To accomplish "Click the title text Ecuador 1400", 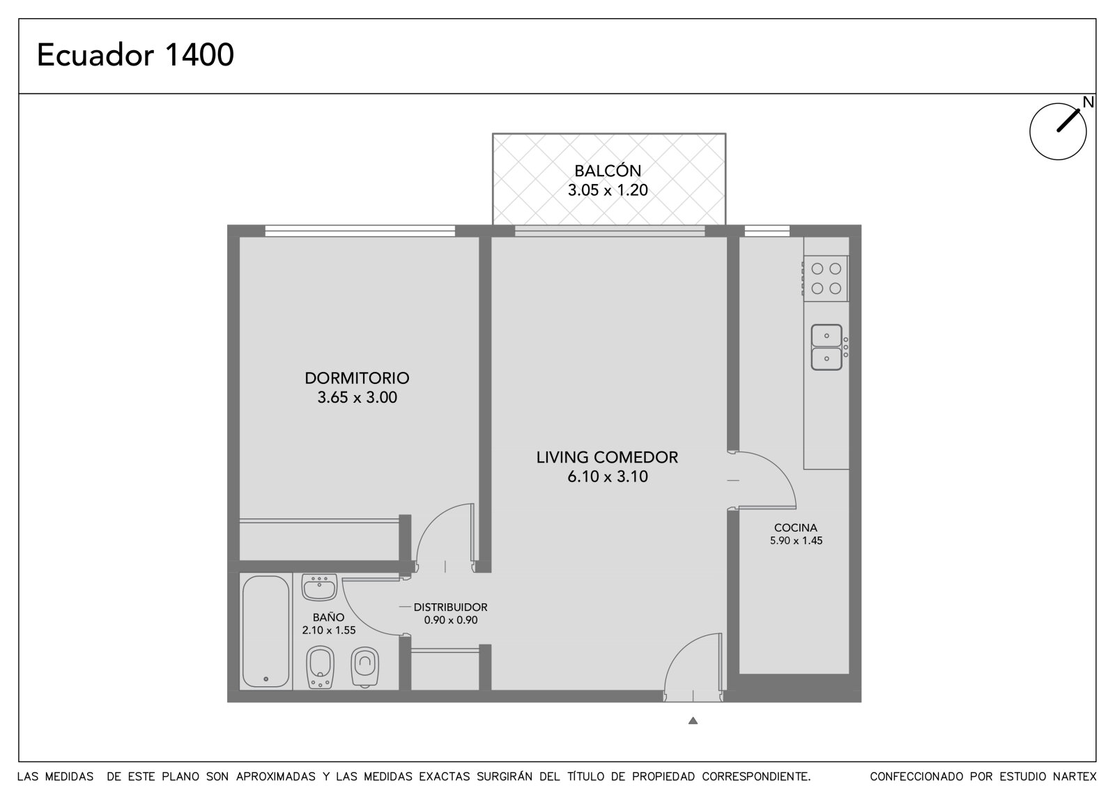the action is (135, 55).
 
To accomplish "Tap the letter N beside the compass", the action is (1088, 102).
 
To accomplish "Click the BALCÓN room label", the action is (608, 171).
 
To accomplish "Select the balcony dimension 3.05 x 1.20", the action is (608, 190).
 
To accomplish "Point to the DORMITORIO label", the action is (357, 378).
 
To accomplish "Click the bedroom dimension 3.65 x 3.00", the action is (357, 398).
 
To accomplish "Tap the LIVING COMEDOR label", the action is (607, 458).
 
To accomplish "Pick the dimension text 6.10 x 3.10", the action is (608, 477).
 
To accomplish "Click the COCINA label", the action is (795, 527).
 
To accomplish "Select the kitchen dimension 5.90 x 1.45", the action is (796, 541).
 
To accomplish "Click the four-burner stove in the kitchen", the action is (825, 279).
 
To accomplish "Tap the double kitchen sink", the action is (826, 348).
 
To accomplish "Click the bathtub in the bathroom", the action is (266, 632).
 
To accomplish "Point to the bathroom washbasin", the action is (319, 587).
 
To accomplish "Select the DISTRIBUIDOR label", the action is (450, 608).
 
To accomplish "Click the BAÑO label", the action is (328, 617).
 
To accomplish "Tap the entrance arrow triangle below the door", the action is (693, 720).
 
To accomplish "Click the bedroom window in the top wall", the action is (360, 231).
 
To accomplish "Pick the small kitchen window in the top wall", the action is (767, 231).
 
